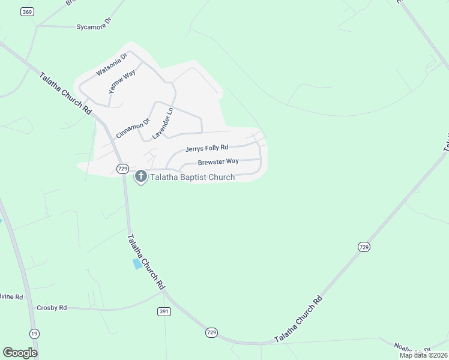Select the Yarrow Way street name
pyautogui.click(x=122, y=82)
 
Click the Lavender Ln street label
pyautogui.click(x=162, y=122)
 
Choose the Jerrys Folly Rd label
pyautogui.click(x=206, y=148)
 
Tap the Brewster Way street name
pyautogui.click(x=218, y=161)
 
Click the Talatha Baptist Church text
pyautogui.click(x=192, y=177)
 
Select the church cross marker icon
pyautogui.click(x=141, y=176)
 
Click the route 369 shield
pyautogui.click(x=26, y=11)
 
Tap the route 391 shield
pyautogui.click(x=164, y=311)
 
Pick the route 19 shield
pyautogui.click(x=35, y=332)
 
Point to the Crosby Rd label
pyautogui.click(x=51, y=307)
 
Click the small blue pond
pyautogui.click(x=138, y=263)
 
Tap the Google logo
pyautogui.click(x=20, y=352)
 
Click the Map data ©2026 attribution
pyautogui.click(x=423, y=355)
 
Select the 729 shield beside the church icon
pyautogui.click(x=122, y=169)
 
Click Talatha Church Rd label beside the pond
pyautogui.click(x=145, y=262)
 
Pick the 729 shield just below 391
pyautogui.click(x=211, y=332)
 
